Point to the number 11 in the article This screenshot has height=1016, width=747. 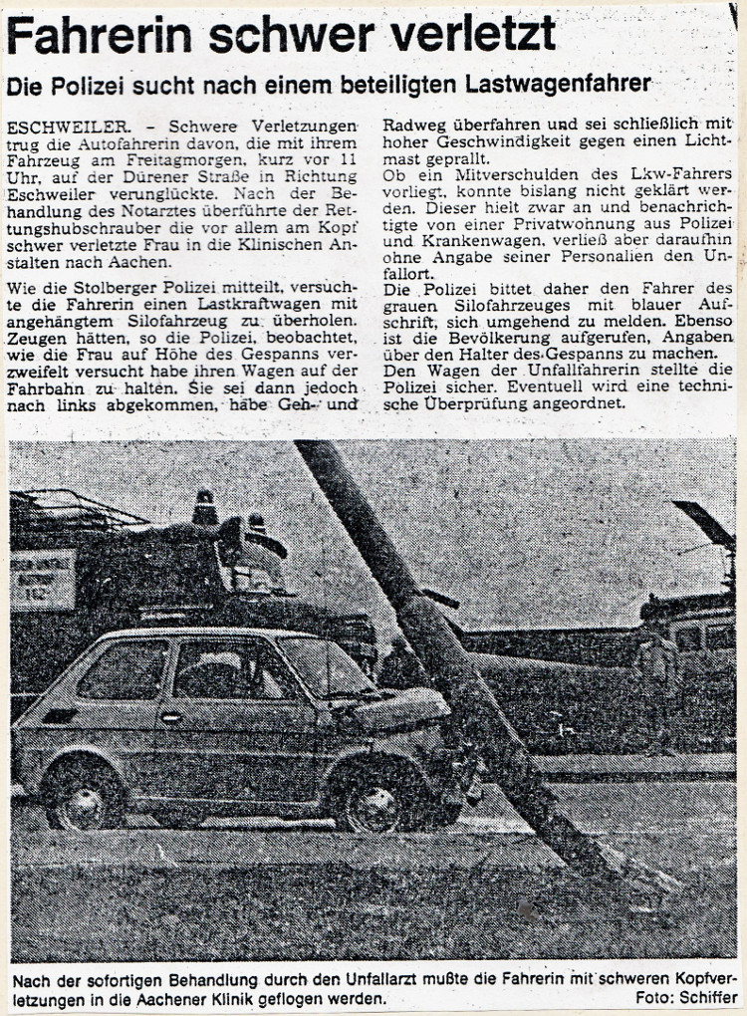point(348,161)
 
